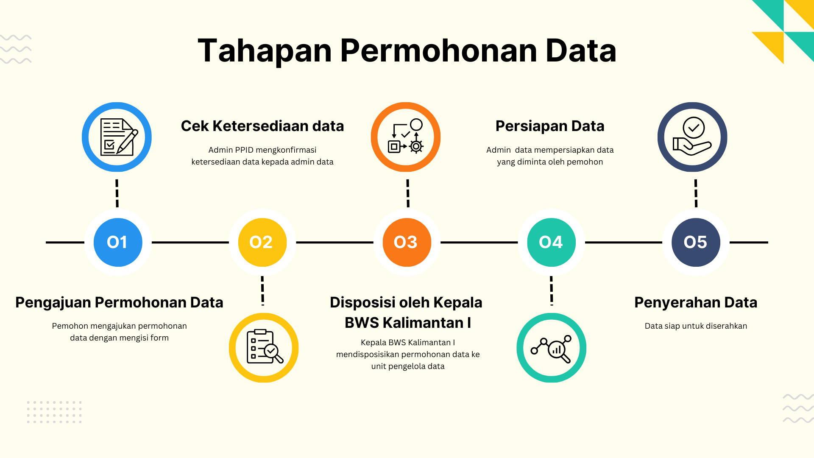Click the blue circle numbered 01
click(x=118, y=242)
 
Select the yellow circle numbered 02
click(x=262, y=242)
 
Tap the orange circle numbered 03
click(x=407, y=242)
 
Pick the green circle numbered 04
click(x=552, y=242)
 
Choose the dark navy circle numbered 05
click(x=696, y=242)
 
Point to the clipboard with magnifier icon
click(x=265, y=346)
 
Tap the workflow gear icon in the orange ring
click(x=406, y=136)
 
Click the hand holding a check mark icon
click(x=692, y=136)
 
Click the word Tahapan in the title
click(x=265, y=51)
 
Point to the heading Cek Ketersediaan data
click(x=262, y=126)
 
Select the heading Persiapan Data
click(x=550, y=126)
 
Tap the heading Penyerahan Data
click(x=696, y=302)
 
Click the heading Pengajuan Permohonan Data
click(x=119, y=302)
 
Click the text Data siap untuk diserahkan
click(x=696, y=326)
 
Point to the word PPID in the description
click(x=243, y=150)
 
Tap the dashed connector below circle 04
click(x=552, y=291)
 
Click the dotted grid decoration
click(x=54, y=412)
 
